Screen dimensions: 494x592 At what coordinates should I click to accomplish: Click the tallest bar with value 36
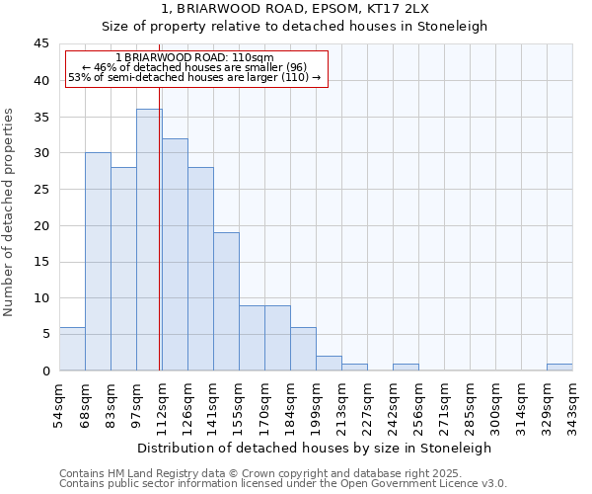[149, 239]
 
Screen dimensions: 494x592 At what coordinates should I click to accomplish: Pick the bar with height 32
[175, 254]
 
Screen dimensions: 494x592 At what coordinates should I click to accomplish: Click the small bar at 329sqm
[559, 367]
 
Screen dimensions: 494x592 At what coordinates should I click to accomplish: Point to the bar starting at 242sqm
[406, 367]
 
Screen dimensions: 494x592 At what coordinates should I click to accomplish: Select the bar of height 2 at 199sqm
[329, 363]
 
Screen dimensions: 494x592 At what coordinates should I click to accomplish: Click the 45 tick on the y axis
[41, 44]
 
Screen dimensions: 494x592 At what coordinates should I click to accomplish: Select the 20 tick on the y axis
[41, 225]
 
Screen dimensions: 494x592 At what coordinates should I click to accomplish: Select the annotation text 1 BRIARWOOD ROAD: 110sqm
[194, 57]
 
